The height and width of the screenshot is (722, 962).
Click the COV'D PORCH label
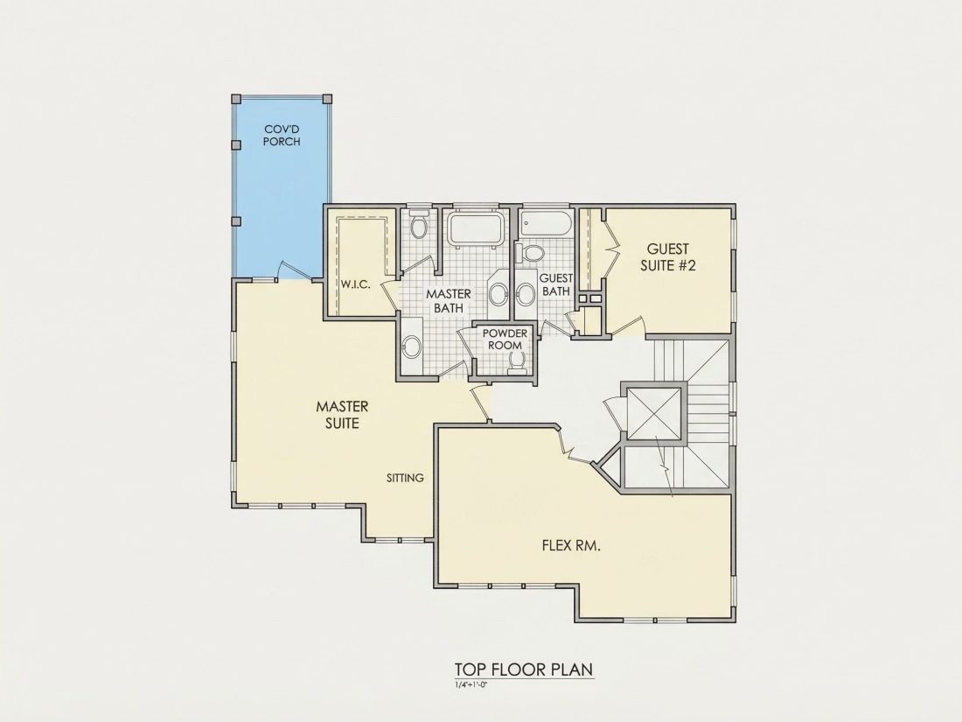282,135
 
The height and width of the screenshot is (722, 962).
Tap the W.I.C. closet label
356,285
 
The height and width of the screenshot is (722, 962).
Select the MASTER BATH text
449,301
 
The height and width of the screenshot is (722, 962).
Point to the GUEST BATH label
556,285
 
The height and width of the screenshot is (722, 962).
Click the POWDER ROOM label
505,339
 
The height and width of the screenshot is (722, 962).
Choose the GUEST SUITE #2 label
668,257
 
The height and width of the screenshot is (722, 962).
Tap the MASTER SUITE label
342,415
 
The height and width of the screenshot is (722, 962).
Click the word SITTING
405,478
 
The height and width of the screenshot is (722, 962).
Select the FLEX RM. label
571,545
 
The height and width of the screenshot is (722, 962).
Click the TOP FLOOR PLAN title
524,669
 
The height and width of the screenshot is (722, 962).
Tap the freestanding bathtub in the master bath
476,228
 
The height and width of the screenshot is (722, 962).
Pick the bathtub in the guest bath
546,224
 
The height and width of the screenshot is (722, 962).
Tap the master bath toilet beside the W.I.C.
419,226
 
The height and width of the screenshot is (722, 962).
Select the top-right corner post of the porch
327,99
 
